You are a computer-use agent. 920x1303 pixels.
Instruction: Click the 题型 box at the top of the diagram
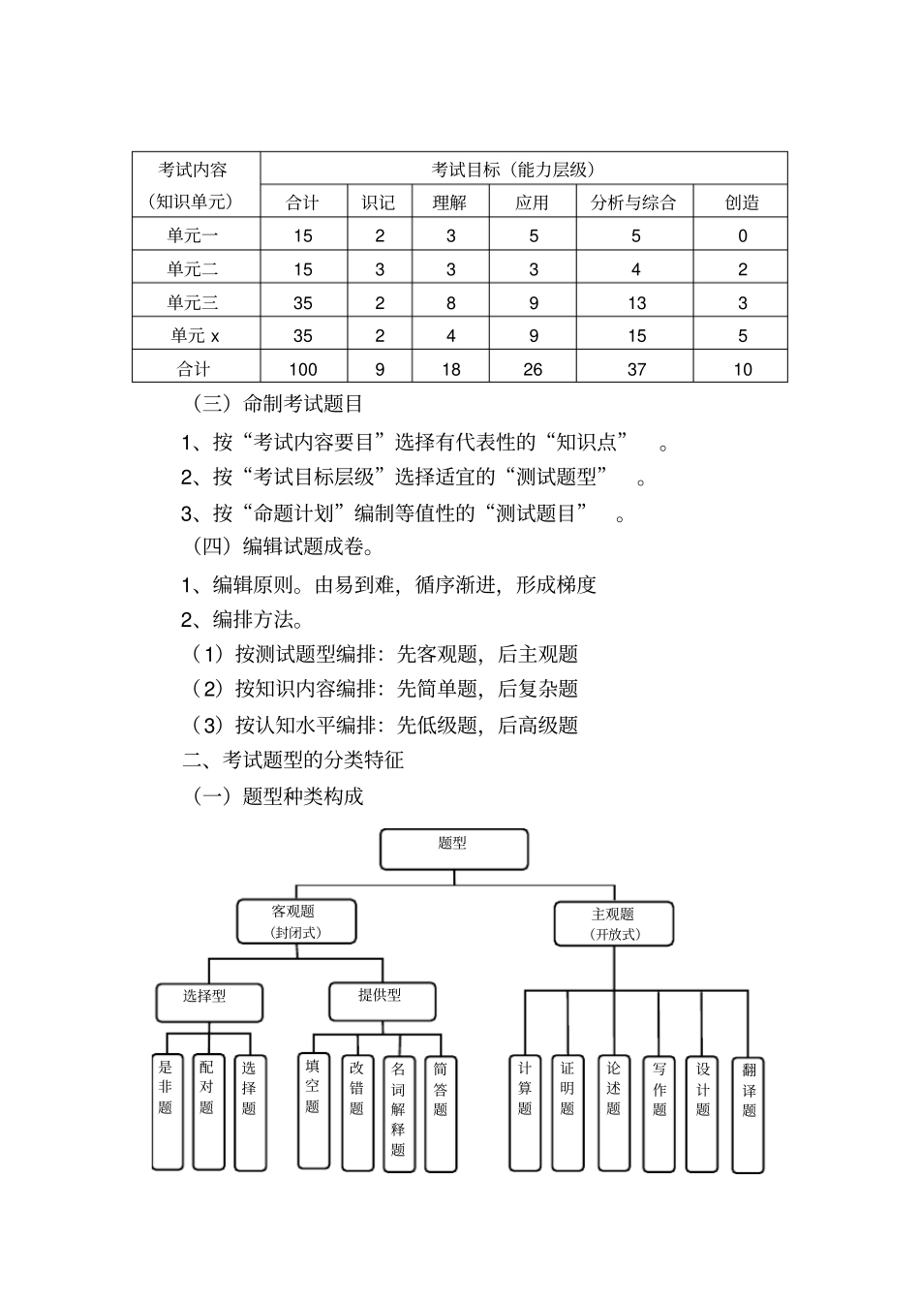pyautogui.click(x=453, y=849)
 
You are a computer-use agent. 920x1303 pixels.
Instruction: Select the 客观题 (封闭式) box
pyautogui.click(x=296, y=921)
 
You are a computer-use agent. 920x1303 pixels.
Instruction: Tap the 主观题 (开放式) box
pyautogui.click(x=614, y=923)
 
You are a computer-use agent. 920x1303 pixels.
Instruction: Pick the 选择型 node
pyautogui.click(x=209, y=1002)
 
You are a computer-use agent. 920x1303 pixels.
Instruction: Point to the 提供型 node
pyautogui.click(x=381, y=1001)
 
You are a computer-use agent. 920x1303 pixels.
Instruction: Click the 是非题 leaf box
pyautogui.click(x=167, y=1110)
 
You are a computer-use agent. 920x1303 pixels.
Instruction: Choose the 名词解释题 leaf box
pyautogui.click(x=398, y=1112)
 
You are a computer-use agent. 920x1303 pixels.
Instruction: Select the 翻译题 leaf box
pyautogui.click(x=749, y=1114)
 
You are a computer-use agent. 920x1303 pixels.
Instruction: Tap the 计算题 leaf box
pyautogui.click(x=525, y=1112)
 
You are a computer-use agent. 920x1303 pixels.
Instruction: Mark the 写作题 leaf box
pyautogui.click(x=659, y=1112)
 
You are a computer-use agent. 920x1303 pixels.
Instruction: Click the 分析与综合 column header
pyautogui.click(x=633, y=202)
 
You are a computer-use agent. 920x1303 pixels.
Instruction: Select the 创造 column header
pyautogui.click(x=742, y=202)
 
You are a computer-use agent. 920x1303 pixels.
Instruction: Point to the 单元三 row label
pyautogui.click(x=194, y=302)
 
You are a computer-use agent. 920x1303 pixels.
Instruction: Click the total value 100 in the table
pyautogui.click(x=303, y=369)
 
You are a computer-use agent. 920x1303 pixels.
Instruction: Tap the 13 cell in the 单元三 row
pyautogui.click(x=635, y=303)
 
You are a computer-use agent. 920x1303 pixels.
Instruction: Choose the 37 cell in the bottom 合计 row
pyautogui.click(x=635, y=369)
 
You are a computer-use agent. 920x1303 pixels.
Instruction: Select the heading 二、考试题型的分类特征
pyautogui.click(x=293, y=760)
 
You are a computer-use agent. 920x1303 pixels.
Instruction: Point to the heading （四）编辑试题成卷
pyautogui.click(x=283, y=547)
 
